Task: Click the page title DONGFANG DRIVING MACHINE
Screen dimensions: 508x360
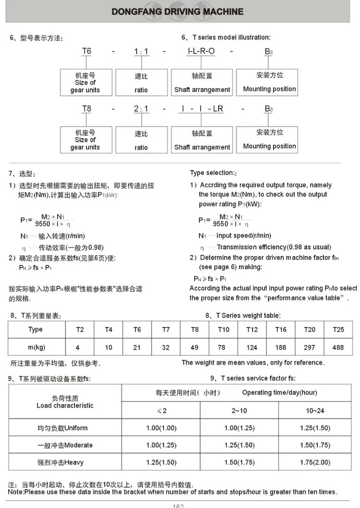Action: (177, 12)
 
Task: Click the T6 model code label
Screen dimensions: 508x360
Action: (86, 51)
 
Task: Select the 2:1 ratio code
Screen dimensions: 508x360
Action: (141, 109)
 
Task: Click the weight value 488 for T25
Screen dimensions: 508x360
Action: (338, 347)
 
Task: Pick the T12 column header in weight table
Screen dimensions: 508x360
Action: (252, 330)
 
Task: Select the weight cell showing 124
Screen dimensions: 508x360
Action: (252, 347)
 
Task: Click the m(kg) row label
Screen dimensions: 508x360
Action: (36, 347)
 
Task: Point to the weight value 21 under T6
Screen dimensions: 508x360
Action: (137, 347)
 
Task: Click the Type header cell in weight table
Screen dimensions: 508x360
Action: (36, 330)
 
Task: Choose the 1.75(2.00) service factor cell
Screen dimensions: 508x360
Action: (315, 463)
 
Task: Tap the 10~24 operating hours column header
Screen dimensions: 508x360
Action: (315, 410)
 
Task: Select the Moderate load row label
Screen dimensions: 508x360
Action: (65, 446)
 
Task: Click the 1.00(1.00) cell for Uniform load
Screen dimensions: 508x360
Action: (161, 428)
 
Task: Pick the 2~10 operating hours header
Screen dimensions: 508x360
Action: (239, 410)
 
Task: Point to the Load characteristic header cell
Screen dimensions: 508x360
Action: (65, 402)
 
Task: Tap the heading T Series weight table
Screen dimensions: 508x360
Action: (243, 315)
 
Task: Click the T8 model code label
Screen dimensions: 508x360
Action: (86, 109)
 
